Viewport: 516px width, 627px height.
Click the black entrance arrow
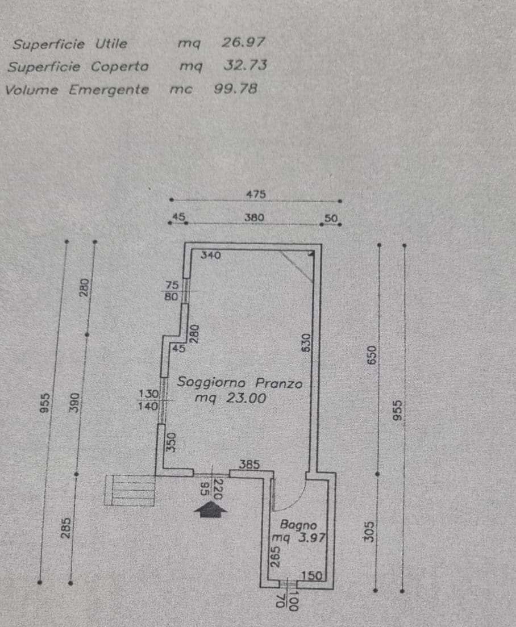(210, 510)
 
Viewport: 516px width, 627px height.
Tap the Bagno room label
(298, 524)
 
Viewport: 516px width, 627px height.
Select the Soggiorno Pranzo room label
(240, 383)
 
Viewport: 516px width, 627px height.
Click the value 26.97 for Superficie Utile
(243, 42)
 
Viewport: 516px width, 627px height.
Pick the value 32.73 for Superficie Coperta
(245, 65)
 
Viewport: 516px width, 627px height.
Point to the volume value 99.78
(236, 89)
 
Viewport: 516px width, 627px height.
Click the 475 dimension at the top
(256, 194)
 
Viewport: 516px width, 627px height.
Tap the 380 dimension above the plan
(255, 217)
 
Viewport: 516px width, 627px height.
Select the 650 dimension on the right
(372, 355)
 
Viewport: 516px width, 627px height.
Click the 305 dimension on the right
(369, 532)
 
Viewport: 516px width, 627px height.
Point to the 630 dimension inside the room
(305, 342)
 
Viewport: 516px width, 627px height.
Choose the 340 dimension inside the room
(210, 254)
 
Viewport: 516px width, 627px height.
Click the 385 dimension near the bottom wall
(249, 464)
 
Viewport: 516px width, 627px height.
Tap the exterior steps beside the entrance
(129, 490)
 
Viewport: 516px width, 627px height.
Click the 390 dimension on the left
(75, 402)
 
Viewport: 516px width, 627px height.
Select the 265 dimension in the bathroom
(275, 557)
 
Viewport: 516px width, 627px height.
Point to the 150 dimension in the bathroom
(311, 576)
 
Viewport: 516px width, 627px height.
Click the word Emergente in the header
(109, 90)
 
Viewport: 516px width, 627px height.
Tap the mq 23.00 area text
(230, 398)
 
